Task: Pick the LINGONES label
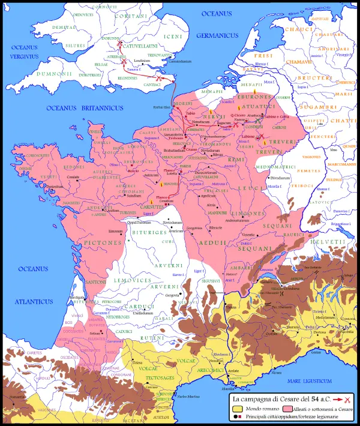point(247,214)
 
